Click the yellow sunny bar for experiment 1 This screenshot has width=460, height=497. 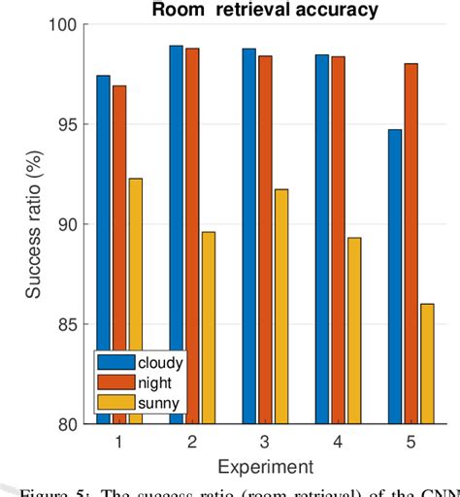(x=135, y=301)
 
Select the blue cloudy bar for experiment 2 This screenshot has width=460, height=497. (x=176, y=233)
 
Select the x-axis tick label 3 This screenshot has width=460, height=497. (x=265, y=442)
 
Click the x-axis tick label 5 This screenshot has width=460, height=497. (x=411, y=442)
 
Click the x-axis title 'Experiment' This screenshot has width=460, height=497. (x=265, y=466)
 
